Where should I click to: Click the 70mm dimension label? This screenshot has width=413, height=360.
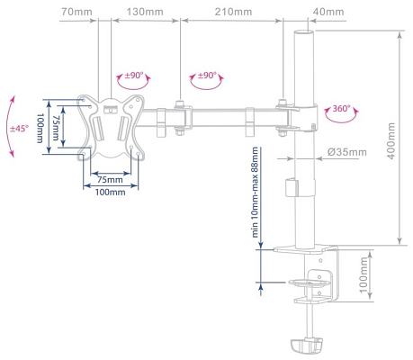click(76, 12)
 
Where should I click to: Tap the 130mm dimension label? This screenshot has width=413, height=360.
click(146, 12)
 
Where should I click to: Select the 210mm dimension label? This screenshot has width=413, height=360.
click(234, 12)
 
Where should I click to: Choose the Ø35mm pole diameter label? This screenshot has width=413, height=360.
click(346, 152)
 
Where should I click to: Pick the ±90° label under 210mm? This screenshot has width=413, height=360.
click(206, 76)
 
